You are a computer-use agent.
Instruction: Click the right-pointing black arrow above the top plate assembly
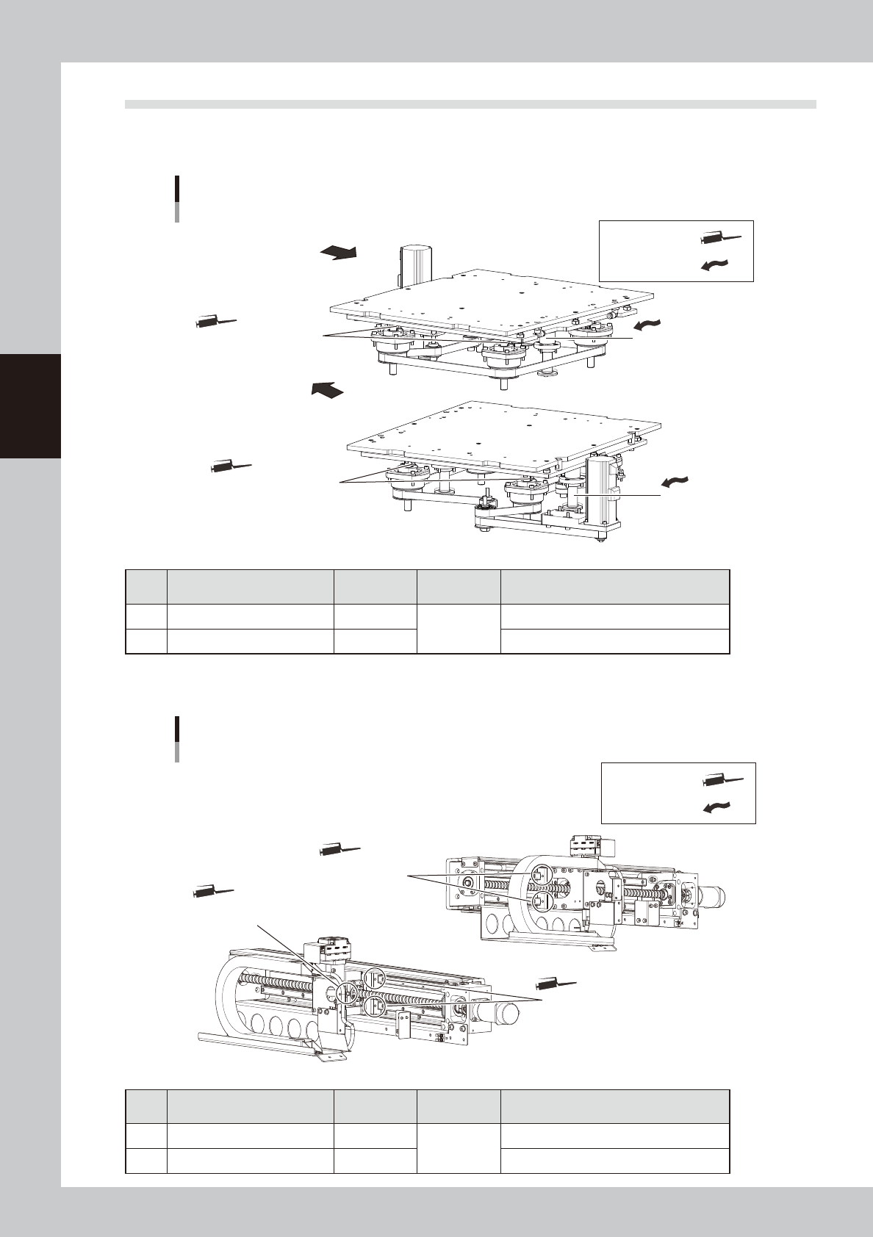coord(338,253)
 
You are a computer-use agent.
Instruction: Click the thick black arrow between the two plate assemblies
coord(327,389)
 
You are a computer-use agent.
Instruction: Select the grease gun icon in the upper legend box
coord(722,238)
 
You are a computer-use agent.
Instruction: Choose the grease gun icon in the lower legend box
coord(724,780)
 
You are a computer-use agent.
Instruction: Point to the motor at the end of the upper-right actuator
coord(711,895)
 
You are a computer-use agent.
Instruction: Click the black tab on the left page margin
coord(30,405)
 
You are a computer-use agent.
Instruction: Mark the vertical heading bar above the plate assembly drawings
coord(177,198)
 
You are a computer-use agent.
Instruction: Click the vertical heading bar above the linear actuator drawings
coord(177,739)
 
